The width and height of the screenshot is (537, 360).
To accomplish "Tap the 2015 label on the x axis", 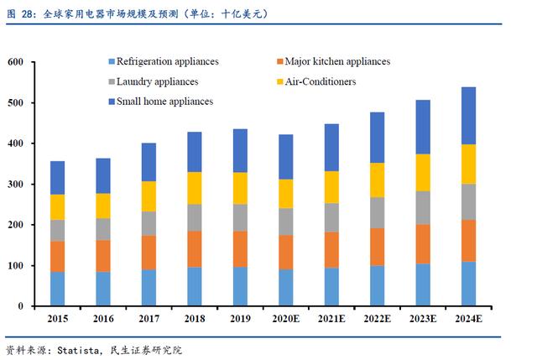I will (x=57, y=320).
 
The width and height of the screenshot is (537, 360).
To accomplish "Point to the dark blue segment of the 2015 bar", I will (x=57, y=177).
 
